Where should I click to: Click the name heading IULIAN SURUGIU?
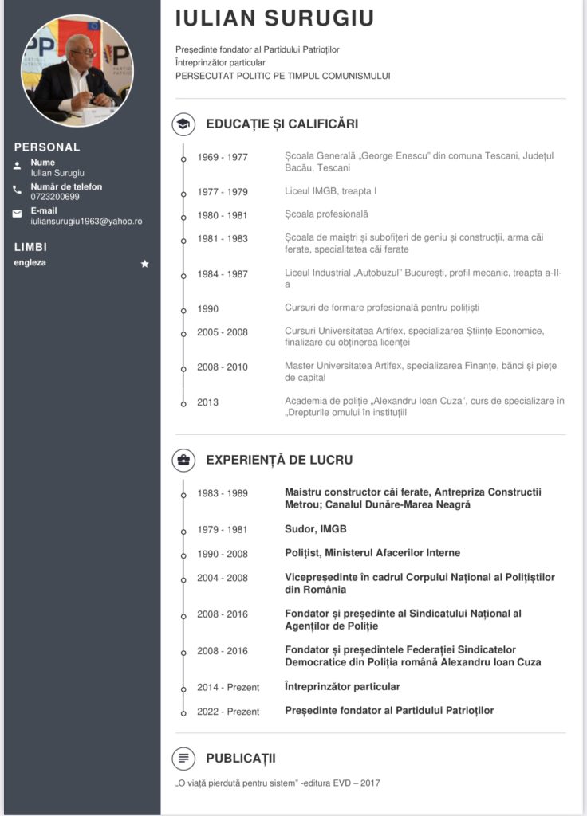(x=274, y=18)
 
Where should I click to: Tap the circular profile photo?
(x=77, y=70)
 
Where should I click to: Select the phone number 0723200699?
(x=55, y=197)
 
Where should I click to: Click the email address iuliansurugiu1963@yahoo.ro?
(x=86, y=221)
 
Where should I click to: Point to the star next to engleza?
(x=144, y=264)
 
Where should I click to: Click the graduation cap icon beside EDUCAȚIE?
(x=183, y=124)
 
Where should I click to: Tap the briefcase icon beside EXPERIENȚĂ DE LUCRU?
(x=183, y=460)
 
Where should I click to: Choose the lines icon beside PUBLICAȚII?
(x=183, y=758)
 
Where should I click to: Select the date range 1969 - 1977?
(x=223, y=157)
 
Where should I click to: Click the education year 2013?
(x=208, y=402)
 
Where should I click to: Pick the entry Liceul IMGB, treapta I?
(x=331, y=191)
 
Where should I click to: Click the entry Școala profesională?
(x=326, y=214)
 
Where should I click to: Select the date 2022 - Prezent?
(x=228, y=712)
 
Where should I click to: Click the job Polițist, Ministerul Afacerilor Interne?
(x=372, y=553)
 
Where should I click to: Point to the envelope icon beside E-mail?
(x=18, y=214)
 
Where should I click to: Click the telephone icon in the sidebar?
(x=18, y=190)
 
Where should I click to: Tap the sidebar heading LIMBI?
(x=30, y=247)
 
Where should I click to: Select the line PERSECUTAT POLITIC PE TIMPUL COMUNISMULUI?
(x=283, y=76)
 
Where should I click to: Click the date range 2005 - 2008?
(x=223, y=332)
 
